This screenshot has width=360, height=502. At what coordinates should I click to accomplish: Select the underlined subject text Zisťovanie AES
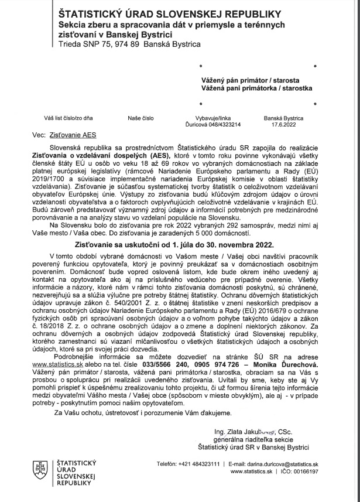tap(68, 134)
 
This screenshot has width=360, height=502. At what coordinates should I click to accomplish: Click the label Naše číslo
tap(140, 118)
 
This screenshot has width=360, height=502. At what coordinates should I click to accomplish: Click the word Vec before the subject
tap(38, 134)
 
